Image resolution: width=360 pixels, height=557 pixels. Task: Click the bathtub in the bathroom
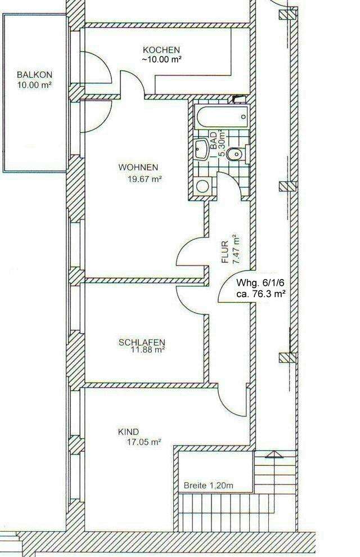221,118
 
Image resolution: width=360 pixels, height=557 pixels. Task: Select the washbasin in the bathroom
201,149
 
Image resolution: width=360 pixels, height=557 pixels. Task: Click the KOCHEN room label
161,50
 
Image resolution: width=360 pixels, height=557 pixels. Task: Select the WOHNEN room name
138,167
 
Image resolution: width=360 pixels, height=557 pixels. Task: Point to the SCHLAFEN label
142,342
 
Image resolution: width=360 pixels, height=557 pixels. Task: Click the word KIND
128,432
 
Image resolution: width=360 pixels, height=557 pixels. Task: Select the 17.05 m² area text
144,442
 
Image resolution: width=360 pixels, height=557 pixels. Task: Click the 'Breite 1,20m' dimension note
209,484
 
